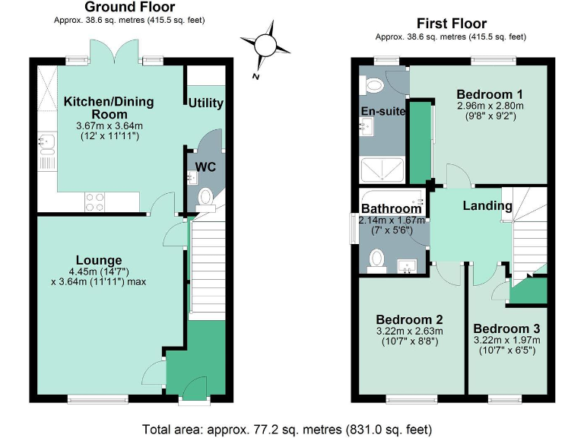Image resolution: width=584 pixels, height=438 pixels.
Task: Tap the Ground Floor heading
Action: [x=130, y=8]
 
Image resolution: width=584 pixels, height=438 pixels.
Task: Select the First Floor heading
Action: [x=452, y=24]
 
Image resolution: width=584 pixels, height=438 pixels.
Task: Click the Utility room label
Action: [x=205, y=103]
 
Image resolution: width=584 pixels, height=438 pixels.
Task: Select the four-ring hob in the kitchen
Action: [x=94, y=202]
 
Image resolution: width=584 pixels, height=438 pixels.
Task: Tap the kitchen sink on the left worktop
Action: [x=45, y=141]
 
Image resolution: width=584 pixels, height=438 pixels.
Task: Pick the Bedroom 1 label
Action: [x=484, y=94]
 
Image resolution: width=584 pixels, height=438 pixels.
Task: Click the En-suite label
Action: [x=383, y=111]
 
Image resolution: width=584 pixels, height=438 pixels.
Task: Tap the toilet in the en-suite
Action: [x=374, y=87]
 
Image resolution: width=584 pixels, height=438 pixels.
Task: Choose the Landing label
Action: [x=487, y=205]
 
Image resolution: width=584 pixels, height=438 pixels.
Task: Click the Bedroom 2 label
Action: [x=409, y=319]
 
